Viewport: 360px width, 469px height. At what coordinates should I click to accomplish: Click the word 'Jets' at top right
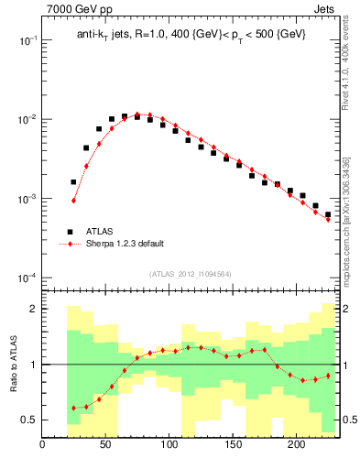click(326, 10)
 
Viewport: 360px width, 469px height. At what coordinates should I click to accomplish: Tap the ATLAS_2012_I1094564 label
click(191, 273)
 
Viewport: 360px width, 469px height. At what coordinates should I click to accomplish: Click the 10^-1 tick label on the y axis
click(27, 41)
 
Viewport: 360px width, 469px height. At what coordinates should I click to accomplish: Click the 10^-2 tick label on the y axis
click(27, 120)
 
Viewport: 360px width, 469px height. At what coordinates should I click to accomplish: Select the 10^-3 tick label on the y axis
click(27, 199)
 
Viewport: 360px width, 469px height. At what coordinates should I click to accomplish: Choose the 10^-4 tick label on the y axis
click(27, 278)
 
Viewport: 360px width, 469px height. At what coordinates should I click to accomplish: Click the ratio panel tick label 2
click(32, 309)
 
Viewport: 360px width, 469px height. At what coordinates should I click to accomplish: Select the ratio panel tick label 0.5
click(29, 420)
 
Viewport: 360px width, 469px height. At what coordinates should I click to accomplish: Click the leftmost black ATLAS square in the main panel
click(73, 182)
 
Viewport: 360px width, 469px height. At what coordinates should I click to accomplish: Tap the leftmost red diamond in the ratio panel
click(73, 408)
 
